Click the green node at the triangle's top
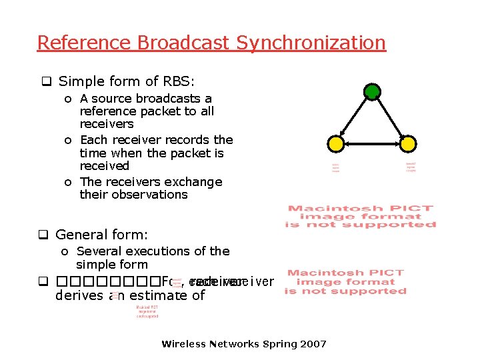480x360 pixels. coord(372,91)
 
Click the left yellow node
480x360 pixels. coord(337,143)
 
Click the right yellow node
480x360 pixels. coord(408,143)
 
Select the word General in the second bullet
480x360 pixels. coord(81,235)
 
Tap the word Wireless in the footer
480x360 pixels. coord(183,344)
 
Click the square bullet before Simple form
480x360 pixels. coord(47,82)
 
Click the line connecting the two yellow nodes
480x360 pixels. coord(372,143)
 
